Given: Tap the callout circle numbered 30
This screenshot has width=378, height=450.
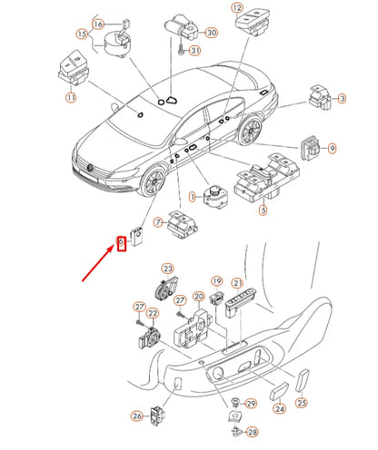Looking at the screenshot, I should pyautogui.click(x=212, y=34).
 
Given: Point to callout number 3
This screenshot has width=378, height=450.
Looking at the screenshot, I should pyautogui.click(x=342, y=98).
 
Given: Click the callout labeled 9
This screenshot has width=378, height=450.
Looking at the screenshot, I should pyautogui.click(x=332, y=147).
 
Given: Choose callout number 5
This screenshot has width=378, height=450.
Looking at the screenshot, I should pyautogui.click(x=263, y=211).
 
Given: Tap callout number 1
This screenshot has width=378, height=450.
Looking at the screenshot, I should pyautogui.click(x=193, y=195).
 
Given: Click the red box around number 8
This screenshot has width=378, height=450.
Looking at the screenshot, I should pyautogui.click(x=119, y=242).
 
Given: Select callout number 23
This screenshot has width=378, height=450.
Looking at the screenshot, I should pyautogui.click(x=167, y=269).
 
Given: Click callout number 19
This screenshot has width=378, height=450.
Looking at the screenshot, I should pyautogui.click(x=216, y=280).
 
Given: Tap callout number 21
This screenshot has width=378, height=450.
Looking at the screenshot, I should pyautogui.click(x=237, y=284).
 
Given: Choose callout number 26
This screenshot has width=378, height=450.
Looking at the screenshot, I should pyautogui.click(x=136, y=416).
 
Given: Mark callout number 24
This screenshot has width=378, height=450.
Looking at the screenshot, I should pyautogui.click(x=280, y=409).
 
